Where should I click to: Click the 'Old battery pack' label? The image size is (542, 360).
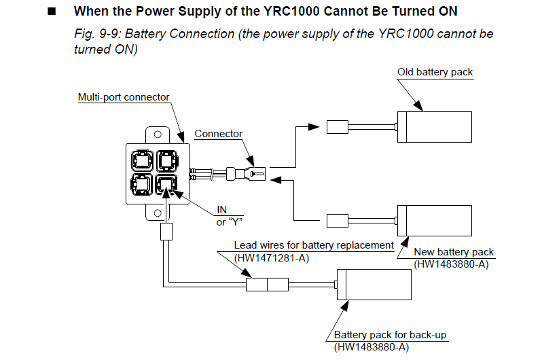click(435, 72)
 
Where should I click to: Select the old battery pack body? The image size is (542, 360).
click(434, 126)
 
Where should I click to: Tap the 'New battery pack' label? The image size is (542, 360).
click(454, 252)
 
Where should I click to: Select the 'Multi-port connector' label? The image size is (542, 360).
click(124, 97)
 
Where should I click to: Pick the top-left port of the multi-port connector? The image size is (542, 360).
click(142, 160)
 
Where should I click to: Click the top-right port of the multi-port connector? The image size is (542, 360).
click(166, 160)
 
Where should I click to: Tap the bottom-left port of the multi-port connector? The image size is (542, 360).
click(142, 185)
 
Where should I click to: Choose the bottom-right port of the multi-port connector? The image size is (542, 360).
click(166, 185)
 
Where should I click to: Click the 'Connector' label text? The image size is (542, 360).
click(218, 134)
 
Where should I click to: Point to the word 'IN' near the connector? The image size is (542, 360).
click(222, 209)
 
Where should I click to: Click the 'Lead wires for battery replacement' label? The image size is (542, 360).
click(314, 245)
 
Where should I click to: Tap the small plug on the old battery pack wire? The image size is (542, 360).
click(338, 126)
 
